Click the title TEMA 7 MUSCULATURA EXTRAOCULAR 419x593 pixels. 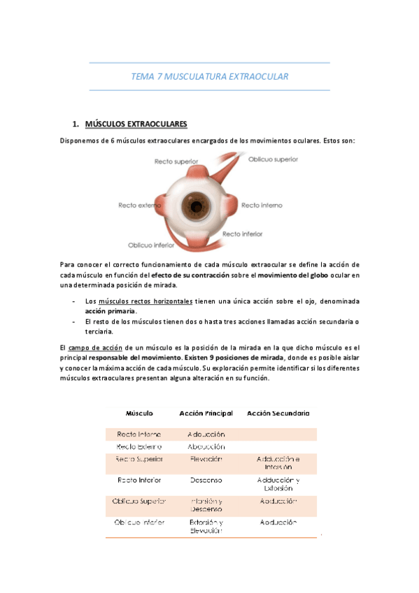point(210,76)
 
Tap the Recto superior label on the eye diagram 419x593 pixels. point(176,162)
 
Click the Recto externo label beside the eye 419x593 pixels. point(140,206)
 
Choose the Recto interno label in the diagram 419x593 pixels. point(262,206)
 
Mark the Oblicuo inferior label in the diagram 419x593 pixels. point(151,245)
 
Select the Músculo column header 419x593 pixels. point(139,413)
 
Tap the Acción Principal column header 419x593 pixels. point(206,413)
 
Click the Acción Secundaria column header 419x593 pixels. point(278,413)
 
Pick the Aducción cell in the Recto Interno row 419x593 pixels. point(206,434)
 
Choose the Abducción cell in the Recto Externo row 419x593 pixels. point(206,446)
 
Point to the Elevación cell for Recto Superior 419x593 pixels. point(206,459)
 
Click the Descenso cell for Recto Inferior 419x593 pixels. point(206,480)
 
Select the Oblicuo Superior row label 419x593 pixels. point(139,501)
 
